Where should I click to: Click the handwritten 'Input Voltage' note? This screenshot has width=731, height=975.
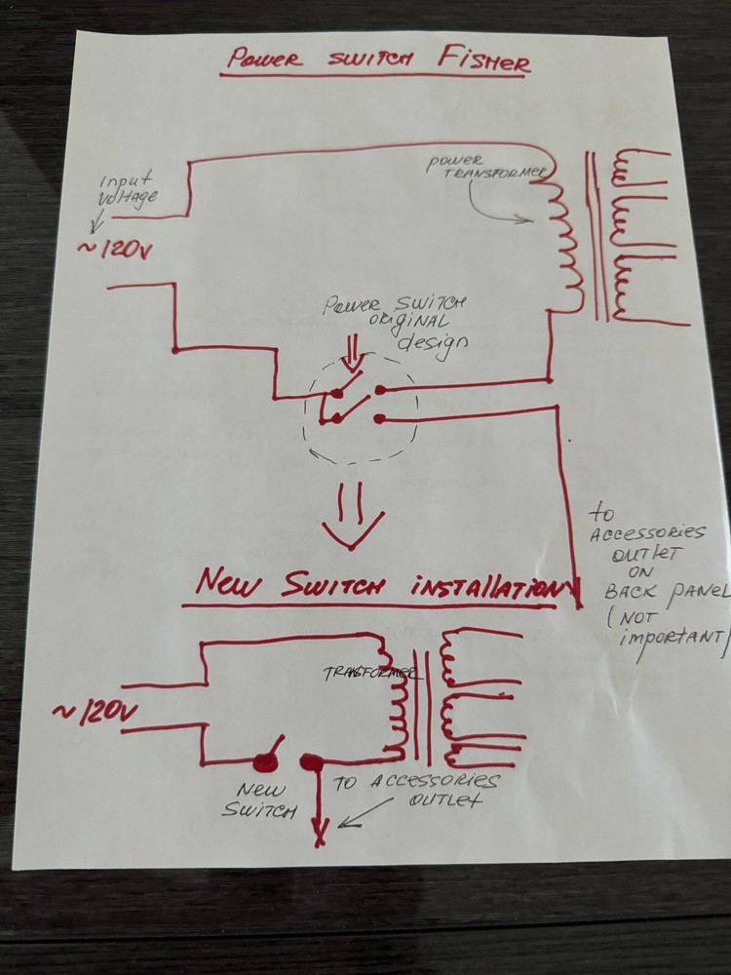point(129,189)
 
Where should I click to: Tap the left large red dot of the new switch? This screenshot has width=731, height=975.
point(264,763)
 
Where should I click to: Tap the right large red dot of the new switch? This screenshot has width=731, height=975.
point(311,762)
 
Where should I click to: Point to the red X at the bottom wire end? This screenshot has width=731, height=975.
point(318,832)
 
